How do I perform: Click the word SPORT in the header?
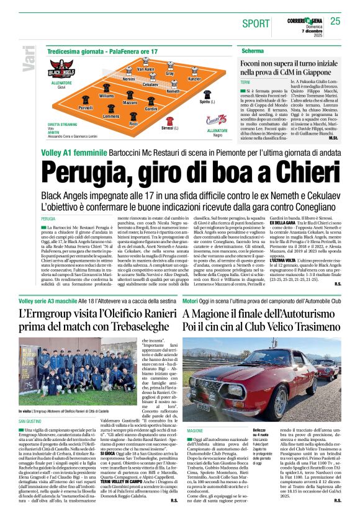(256, 24)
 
